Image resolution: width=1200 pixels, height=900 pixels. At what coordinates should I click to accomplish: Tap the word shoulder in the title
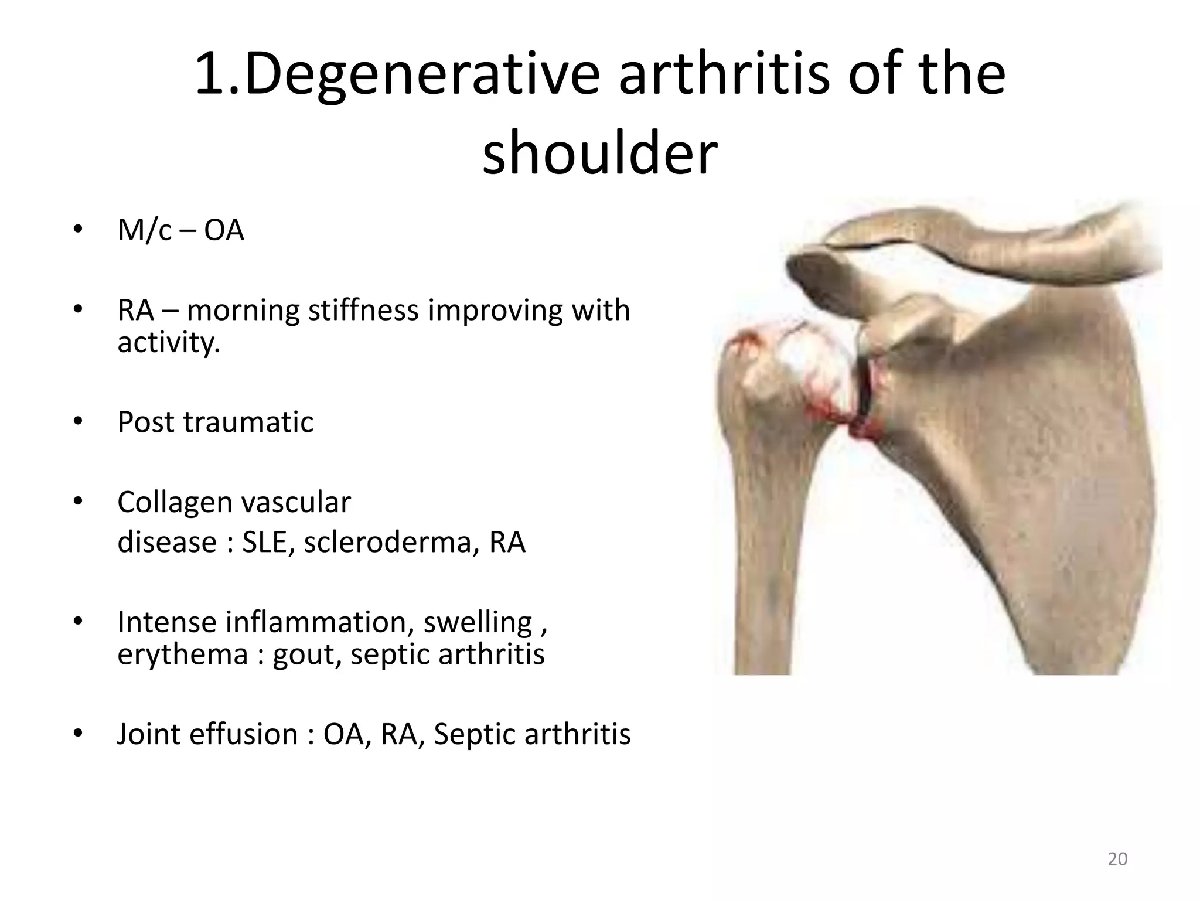[x=599, y=154]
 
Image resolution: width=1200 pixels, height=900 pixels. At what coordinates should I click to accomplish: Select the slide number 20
[x=1117, y=859]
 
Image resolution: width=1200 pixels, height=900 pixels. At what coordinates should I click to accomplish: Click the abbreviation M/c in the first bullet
[x=145, y=230]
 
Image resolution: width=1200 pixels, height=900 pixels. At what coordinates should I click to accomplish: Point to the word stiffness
[x=363, y=310]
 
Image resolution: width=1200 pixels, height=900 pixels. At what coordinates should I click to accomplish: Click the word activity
[x=168, y=342]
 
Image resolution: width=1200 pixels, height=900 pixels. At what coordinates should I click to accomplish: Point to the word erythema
[x=182, y=654]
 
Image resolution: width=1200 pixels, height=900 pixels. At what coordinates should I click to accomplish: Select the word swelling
[x=478, y=622]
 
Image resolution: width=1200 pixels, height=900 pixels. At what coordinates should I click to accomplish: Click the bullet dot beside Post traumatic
[x=79, y=422]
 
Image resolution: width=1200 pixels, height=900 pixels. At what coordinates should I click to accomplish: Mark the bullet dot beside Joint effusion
[x=79, y=734]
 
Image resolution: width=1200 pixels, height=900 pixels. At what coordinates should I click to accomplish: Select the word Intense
[x=166, y=622]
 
